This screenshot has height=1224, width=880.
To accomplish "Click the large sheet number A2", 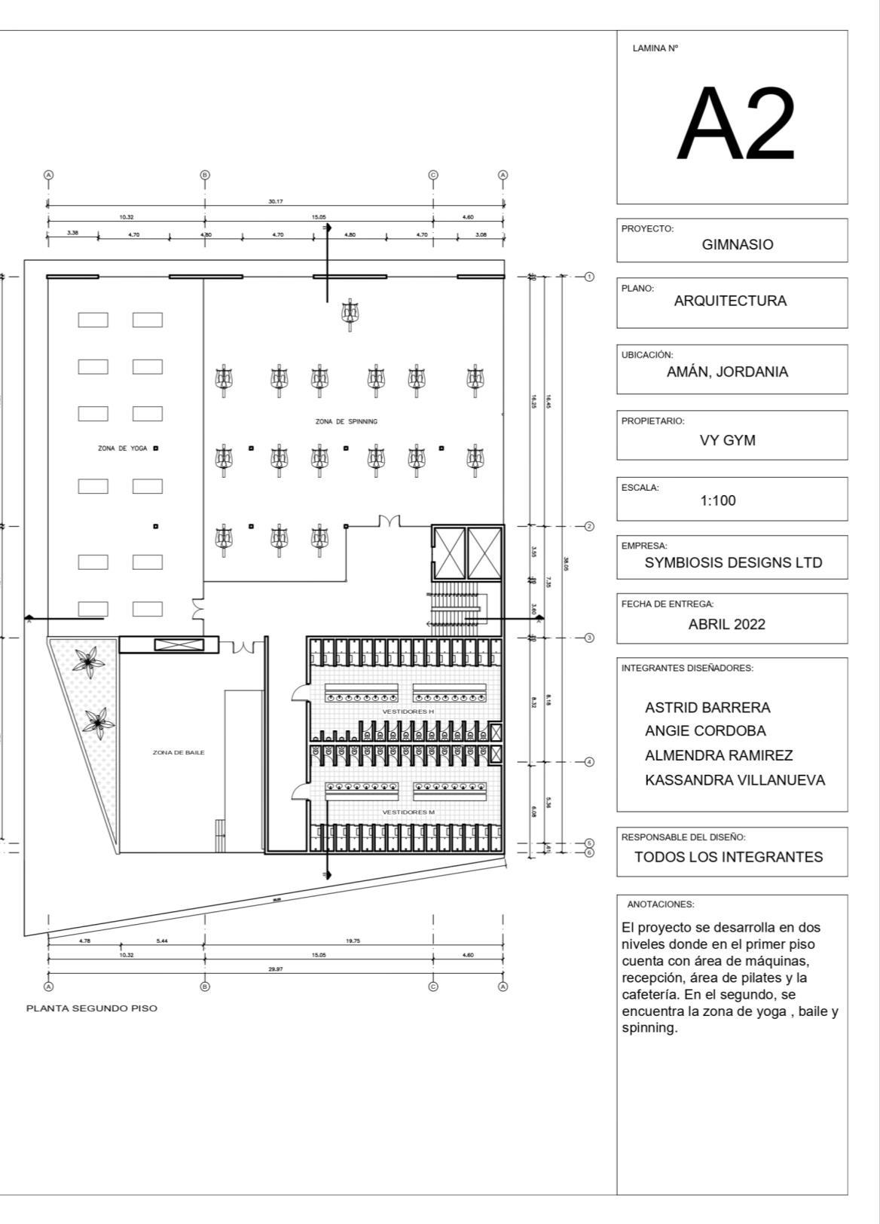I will click(735, 124).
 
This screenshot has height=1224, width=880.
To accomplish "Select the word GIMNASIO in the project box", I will click(737, 244).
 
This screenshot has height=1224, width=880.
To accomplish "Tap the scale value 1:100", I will click(717, 500).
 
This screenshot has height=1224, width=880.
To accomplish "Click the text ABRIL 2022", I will click(726, 624).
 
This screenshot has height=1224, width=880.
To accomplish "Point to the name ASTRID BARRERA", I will click(707, 708).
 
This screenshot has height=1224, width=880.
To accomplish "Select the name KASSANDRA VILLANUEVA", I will click(735, 780).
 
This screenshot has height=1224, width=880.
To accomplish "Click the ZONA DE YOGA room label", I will click(123, 448).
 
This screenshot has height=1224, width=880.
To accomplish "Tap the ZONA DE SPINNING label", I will click(347, 421).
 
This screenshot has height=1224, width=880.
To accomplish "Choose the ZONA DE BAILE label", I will click(179, 752).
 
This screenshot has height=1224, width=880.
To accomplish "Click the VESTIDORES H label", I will click(408, 711).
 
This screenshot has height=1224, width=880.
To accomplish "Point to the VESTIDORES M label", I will click(408, 812).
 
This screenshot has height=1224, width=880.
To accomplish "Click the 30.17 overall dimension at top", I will click(276, 201).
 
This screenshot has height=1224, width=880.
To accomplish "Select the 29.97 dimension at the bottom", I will click(276, 968).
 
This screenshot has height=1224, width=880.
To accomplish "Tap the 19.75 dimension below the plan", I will click(353, 940).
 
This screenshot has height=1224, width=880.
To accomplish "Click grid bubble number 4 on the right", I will click(590, 762).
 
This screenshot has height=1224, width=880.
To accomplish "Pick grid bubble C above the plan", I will click(433, 175).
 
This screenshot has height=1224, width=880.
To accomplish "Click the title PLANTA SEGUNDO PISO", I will click(92, 1008).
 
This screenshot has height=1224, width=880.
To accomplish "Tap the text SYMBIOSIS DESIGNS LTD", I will click(733, 563).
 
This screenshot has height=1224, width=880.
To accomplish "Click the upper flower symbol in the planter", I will click(90, 661).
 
